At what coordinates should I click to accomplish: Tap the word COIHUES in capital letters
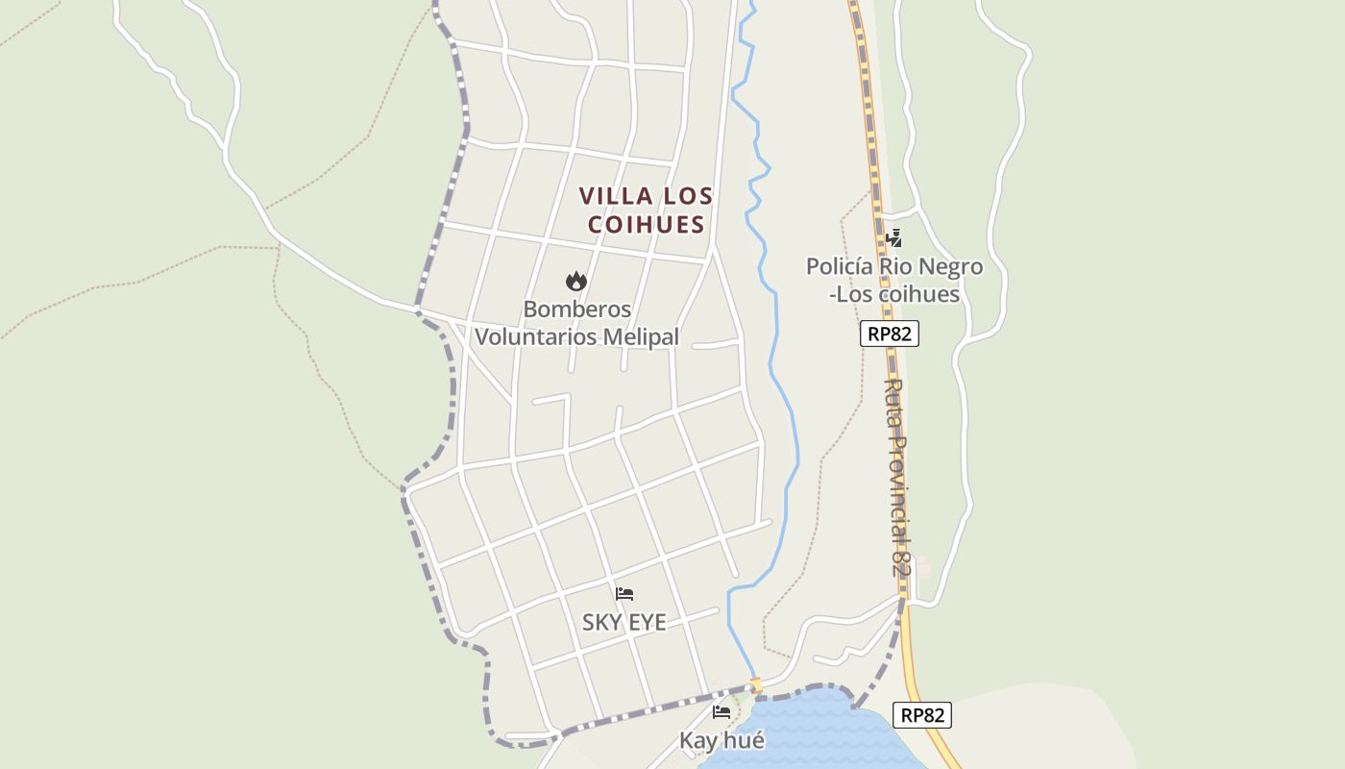(x=646, y=225)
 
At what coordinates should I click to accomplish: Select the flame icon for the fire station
(x=576, y=281)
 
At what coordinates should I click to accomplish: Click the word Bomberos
(x=576, y=310)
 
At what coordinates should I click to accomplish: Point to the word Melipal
(x=641, y=337)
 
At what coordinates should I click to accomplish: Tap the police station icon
(x=894, y=237)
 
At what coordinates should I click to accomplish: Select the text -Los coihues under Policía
(x=894, y=294)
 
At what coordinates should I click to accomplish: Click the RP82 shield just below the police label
(x=890, y=334)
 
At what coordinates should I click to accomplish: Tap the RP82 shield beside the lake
(x=923, y=715)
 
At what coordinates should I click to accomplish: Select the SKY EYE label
(x=624, y=622)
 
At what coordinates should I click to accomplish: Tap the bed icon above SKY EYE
(x=624, y=594)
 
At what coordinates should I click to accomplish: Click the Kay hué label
(x=721, y=740)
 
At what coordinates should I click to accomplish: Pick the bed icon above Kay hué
(x=721, y=712)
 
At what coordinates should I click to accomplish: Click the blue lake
(x=817, y=735)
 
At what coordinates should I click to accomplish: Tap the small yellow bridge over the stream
(x=756, y=685)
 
